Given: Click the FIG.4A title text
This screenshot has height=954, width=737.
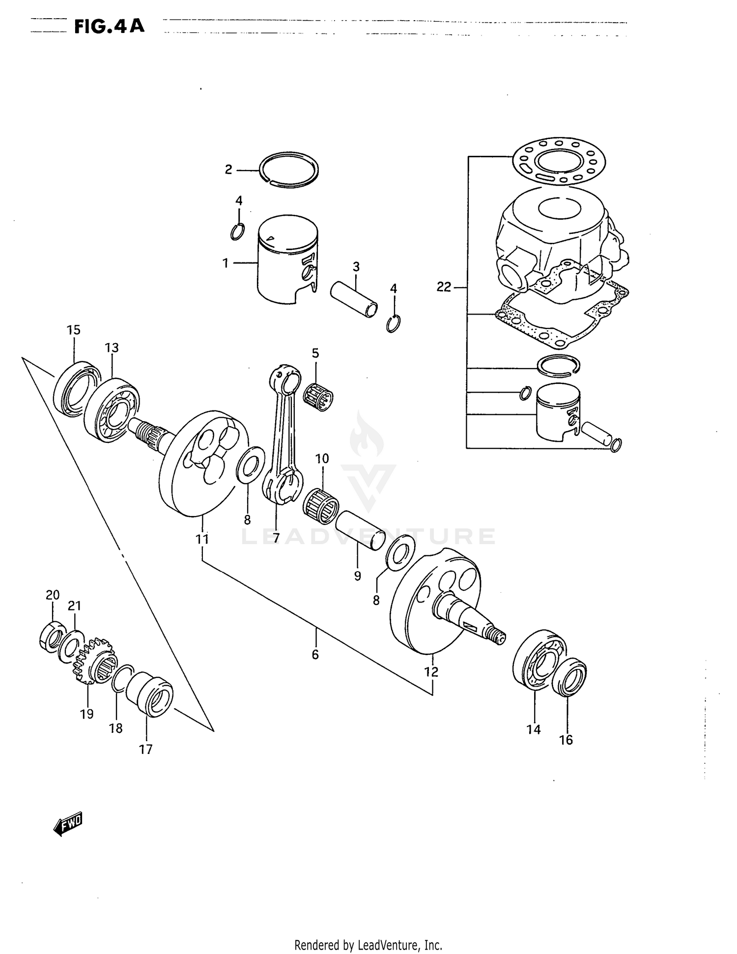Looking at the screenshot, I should coord(109,26).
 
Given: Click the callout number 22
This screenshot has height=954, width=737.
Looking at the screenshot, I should coord(444,287).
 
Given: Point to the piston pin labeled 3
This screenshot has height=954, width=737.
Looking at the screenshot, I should coord(354,299).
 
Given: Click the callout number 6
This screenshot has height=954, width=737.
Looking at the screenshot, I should coord(315,655).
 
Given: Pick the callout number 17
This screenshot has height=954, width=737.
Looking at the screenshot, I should coord(146,750).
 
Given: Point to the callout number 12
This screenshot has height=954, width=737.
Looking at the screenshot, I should coord(431,672).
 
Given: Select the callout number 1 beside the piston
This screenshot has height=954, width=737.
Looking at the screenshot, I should coord(226,263).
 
